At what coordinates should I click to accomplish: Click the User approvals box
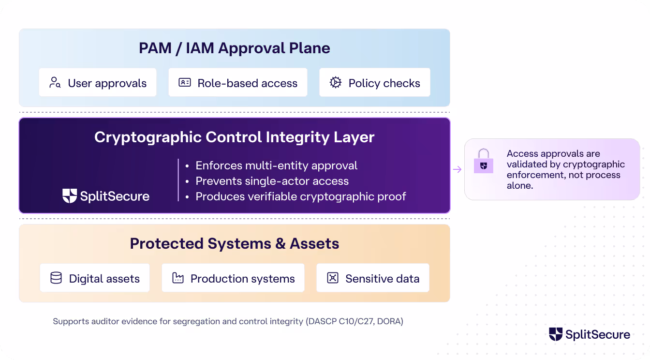click(98, 83)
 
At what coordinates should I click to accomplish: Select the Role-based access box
click(237, 83)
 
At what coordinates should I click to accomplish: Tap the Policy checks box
click(374, 83)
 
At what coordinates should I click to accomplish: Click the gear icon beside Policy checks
click(336, 82)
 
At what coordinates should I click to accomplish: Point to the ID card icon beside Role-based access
click(185, 82)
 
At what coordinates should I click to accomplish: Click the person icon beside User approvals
click(55, 82)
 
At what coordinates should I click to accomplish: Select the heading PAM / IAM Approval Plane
click(234, 48)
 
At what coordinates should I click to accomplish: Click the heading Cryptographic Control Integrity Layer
click(234, 137)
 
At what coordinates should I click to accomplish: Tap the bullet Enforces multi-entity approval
click(276, 165)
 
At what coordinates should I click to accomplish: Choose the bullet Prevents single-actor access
click(272, 181)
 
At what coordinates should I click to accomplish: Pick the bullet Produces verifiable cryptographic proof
click(300, 196)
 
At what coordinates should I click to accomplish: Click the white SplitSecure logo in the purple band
click(106, 196)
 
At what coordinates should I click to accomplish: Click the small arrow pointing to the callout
click(457, 169)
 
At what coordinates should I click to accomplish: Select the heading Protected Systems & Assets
click(234, 243)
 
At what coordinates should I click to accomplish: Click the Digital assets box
click(95, 278)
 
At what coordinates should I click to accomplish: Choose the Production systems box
click(233, 278)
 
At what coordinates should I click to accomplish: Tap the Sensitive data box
click(372, 278)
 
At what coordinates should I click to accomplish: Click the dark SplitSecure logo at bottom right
click(589, 334)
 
